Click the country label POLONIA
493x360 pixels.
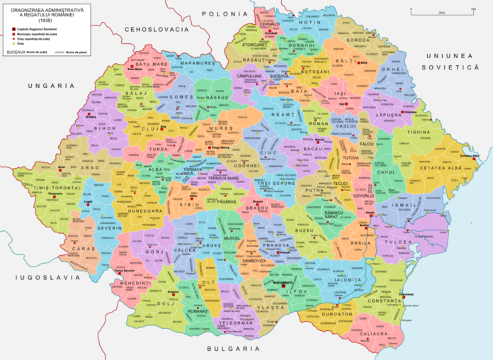222,13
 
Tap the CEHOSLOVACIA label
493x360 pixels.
157,29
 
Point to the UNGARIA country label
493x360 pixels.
51,85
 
